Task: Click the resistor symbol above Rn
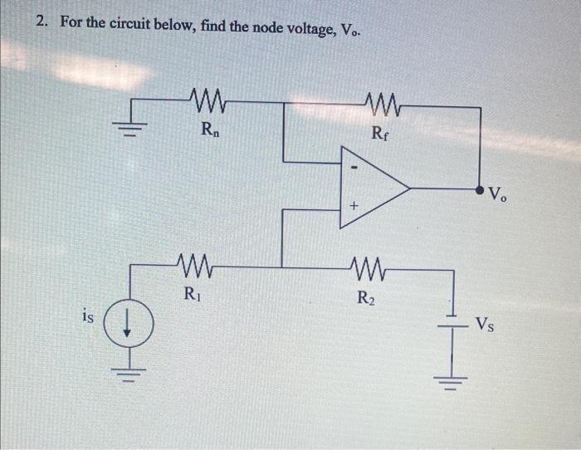pyautogui.click(x=204, y=104)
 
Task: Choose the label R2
pyautogui.click(x=366, y=296)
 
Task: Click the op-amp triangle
pyautogui.click(x=369, y=188)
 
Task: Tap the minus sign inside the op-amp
pyautogui.click(x=352, y=166)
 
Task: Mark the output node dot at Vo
pyautogui.click(x=480, y=190)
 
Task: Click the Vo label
pyautogui.click(x=497, y=197)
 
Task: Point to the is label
pyautogui.click(x=89, y=315)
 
